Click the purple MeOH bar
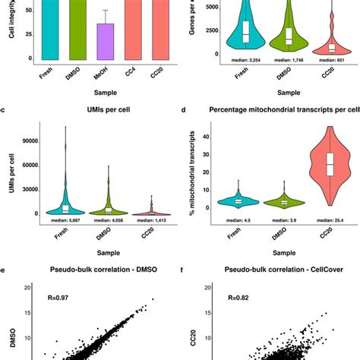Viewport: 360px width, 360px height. click(105, 45)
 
